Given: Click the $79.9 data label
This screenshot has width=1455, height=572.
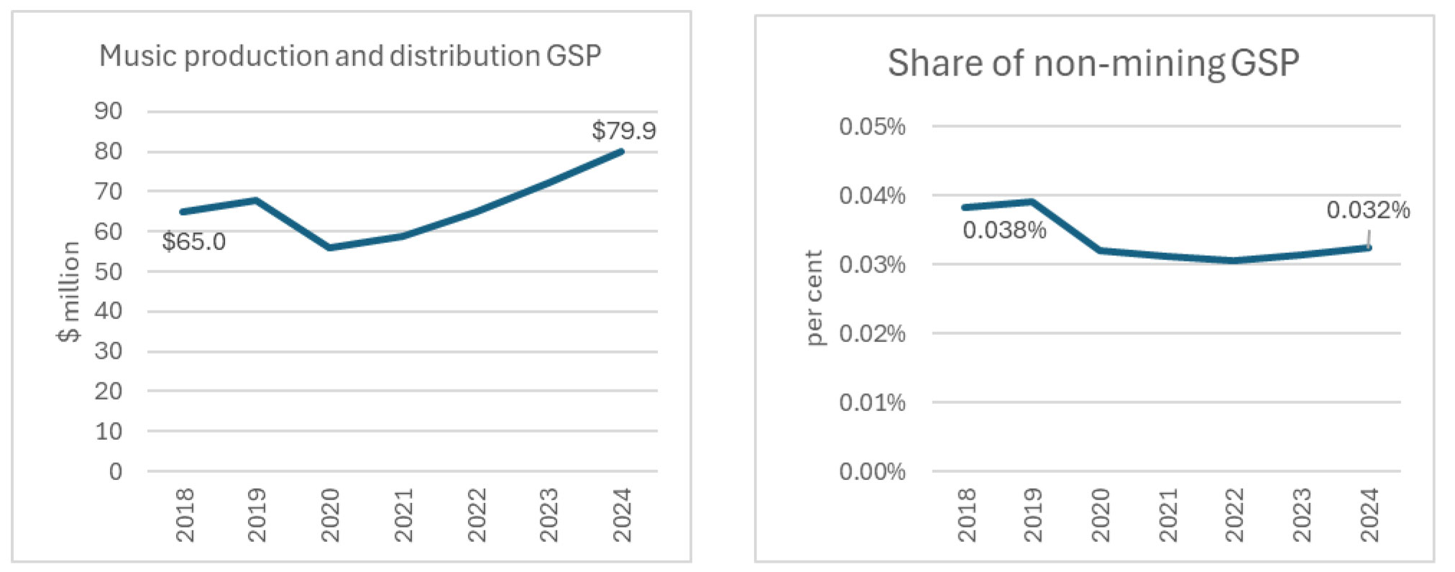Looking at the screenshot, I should [x=623, y=131].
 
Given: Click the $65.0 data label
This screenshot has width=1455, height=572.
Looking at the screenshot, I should [x=193, y=241].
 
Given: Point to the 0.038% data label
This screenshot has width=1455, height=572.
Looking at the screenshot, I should [x=1004, y=230].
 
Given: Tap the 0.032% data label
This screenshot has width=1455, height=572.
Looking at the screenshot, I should [x=1367, y=210].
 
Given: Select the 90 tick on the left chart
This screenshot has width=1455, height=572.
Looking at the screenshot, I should [x=109, y=111].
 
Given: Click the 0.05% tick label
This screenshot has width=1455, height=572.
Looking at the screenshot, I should [x=871, y=126].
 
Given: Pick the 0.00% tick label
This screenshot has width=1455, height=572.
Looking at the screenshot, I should [x=871, y=471].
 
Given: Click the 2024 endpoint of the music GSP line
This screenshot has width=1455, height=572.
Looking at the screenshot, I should [x=621, y=152].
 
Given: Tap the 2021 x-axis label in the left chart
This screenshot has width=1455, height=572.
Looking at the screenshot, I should [x=403, y=515].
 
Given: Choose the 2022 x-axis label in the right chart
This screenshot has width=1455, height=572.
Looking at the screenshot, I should [x=1234, y=515].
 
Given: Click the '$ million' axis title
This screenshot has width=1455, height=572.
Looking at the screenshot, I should [x=69, y=291].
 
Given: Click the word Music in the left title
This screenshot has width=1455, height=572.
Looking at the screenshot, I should [x=137, y=56].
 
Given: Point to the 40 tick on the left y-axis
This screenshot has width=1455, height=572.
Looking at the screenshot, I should [x=109, y=311].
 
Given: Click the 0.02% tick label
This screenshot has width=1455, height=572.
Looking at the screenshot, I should [x=871, y=333].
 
